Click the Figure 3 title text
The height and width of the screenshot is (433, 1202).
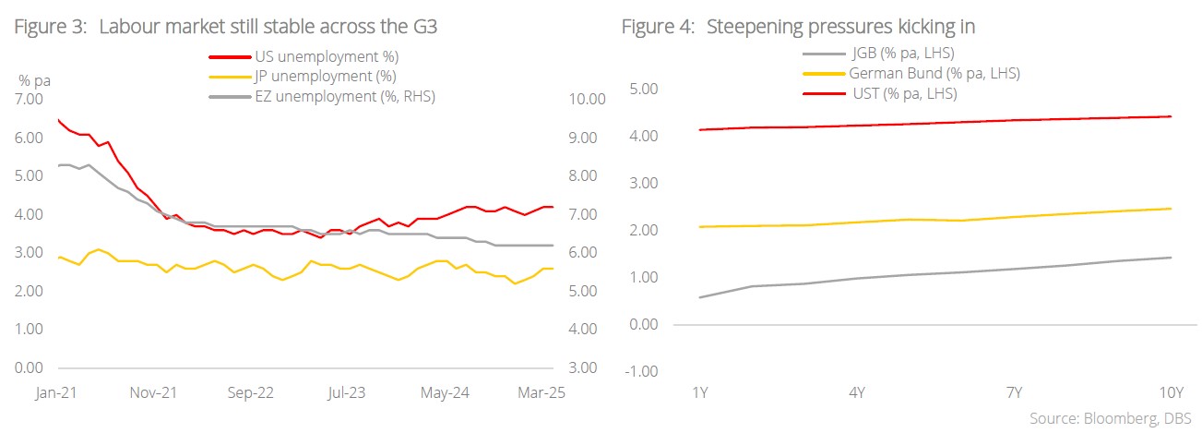(x=225, y=27)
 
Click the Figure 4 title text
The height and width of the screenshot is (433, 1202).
(x=798, y=27)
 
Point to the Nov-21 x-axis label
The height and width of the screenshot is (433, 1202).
(x=154, y=392)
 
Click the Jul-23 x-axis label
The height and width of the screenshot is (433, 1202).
(x=345, y=392)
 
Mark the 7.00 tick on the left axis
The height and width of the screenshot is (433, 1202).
(x=30, y=99)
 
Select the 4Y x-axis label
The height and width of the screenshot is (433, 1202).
(x=855, y=395)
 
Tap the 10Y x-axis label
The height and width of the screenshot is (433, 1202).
(x=1170, y=395)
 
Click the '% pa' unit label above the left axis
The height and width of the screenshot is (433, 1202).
(x=34, y=80)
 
